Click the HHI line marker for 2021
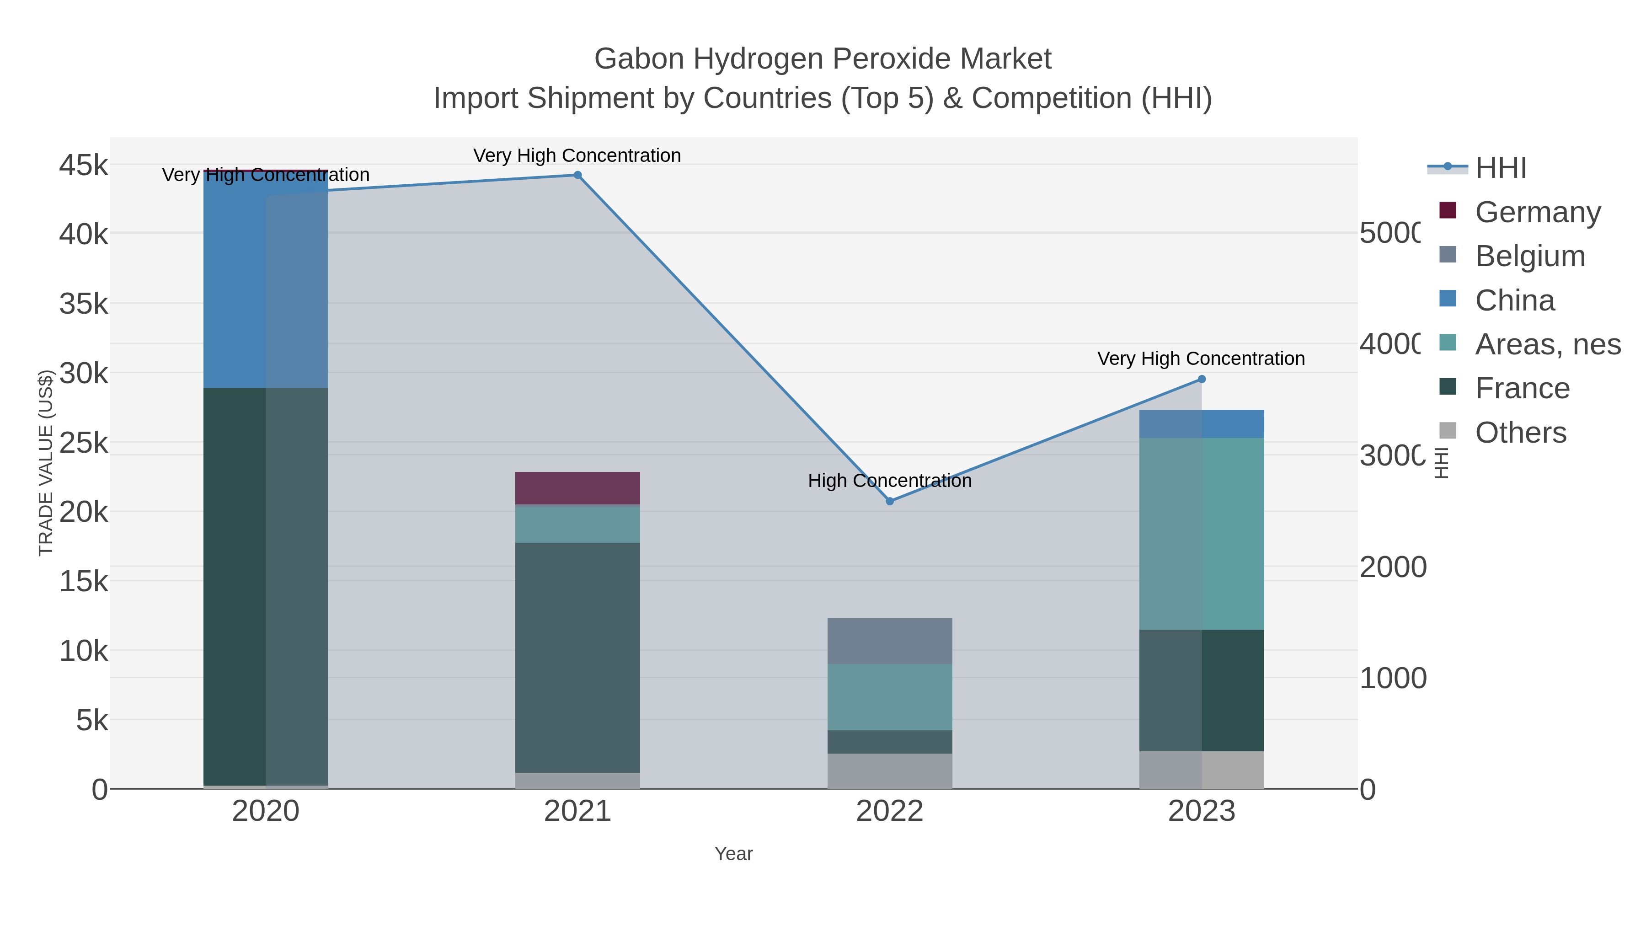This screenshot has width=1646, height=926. pyautogui.click(x=577, y=175)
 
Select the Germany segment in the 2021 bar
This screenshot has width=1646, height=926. pyautogui.click(x=577, y=488)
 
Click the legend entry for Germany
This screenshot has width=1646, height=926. pyautogui.click(x=1537, y=212)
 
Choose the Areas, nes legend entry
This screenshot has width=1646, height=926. pyautogui.click(x=1547, y=344)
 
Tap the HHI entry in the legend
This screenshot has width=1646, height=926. pyautogui.click(x=1500, y=168)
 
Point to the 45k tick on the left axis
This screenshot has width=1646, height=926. pyautogui.click(x=83, y=166)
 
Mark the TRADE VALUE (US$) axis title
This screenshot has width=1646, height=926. pyautogui.click(x=46, y=463)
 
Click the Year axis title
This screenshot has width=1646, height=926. pyautogui.click(x=733, y=854)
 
